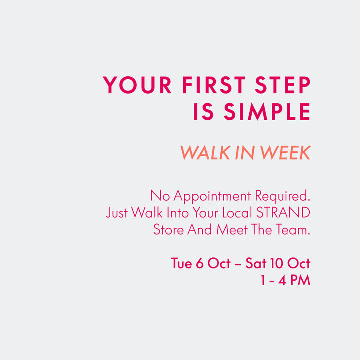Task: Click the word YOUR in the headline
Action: point(137,85)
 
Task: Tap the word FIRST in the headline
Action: point(214,85)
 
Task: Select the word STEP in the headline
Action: point(283,85)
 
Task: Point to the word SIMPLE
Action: point(267,111)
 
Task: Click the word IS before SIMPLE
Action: point(204,111)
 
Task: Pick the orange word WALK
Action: point(205,152)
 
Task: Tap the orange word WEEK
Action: point(285,152)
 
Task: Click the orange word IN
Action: point(245,152)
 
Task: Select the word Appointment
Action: point(212,196)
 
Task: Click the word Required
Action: point(283,196)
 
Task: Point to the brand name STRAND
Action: point(283,212)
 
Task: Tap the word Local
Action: point(237,212)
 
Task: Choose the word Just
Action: point(117,212)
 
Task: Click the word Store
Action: point(169,229)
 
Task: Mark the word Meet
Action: point(232,229)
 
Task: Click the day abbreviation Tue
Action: point(182,263)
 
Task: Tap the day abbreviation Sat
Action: point(256,263)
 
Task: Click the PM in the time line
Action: point(301,280)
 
